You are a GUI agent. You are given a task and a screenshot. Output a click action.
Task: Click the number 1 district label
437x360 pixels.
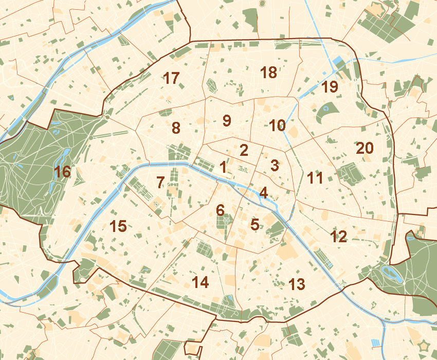223,167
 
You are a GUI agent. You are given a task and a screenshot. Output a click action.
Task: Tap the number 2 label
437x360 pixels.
244,150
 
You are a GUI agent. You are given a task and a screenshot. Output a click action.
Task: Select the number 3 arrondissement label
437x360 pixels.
275,166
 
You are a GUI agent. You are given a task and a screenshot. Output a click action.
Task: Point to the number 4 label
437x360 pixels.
264,193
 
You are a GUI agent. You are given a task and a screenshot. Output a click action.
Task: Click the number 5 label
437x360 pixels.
254,224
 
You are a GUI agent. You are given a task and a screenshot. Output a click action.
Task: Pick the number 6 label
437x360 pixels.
220,210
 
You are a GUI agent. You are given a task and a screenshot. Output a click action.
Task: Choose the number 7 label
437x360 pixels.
160,182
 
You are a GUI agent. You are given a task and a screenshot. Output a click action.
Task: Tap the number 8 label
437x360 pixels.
176,128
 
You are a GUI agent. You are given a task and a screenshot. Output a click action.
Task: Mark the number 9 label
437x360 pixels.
227,121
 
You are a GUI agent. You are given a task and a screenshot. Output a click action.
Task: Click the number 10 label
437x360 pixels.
277,125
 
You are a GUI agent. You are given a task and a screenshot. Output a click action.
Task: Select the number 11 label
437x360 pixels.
315,178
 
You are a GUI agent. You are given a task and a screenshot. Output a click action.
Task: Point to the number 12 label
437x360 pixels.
339,237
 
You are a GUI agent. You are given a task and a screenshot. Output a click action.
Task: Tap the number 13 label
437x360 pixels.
297,283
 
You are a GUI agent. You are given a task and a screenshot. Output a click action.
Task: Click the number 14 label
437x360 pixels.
200,282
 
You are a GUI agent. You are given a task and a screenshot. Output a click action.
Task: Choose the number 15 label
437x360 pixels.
118,225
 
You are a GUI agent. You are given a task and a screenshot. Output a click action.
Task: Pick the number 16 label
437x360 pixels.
63,172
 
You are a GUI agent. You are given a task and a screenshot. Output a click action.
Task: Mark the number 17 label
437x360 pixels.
171,79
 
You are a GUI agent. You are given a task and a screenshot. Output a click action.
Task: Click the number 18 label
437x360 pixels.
268,73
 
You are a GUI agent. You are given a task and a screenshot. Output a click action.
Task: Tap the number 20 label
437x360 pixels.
365,148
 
